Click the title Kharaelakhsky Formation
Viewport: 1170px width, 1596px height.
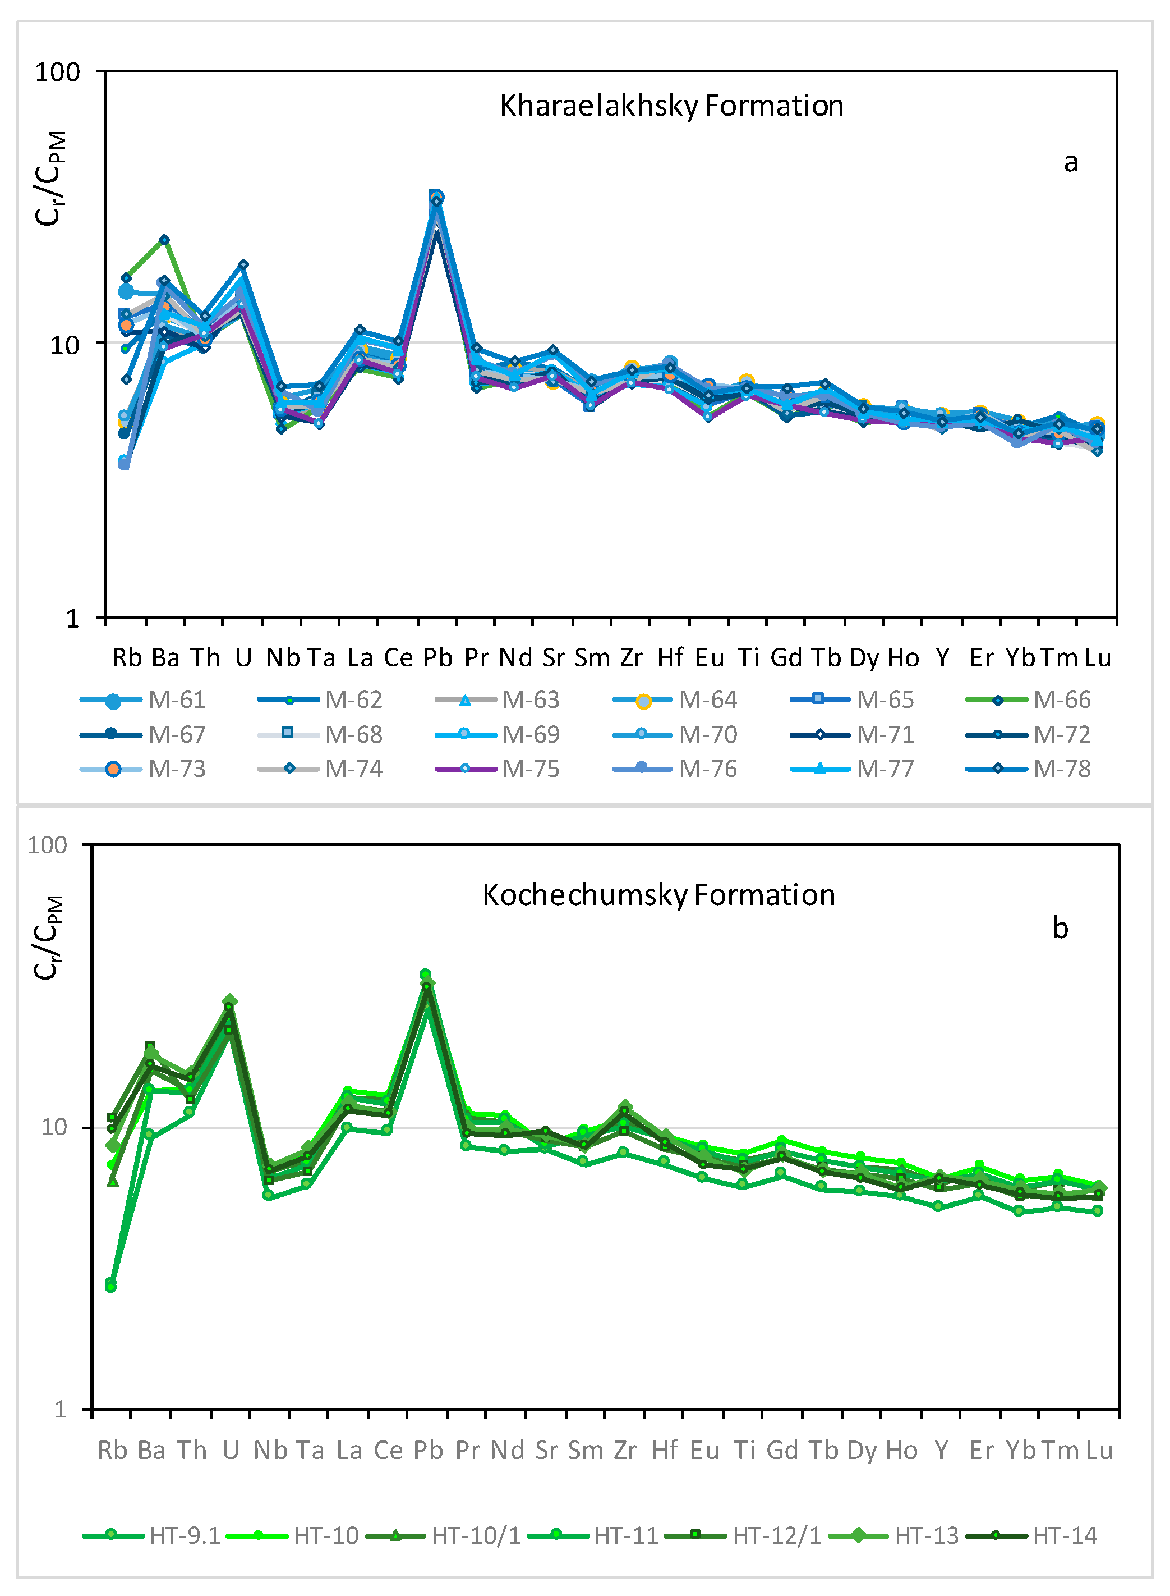(671, 106)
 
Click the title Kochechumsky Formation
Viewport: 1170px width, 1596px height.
(658, 895)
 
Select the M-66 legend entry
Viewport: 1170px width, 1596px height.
(1028, 700)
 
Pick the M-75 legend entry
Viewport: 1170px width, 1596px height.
(497, 769)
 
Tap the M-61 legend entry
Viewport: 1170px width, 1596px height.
(143, 700)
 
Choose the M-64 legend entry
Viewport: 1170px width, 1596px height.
(674, 700)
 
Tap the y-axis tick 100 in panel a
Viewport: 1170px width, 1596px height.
(58, 72)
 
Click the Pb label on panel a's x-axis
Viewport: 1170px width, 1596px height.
(437, 658)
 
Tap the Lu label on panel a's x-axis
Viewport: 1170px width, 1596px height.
(1098, 658)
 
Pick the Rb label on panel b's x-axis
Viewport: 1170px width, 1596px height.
(113, 1450)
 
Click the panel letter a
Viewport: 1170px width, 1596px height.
(1071, 162)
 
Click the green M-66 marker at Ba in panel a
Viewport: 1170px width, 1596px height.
(164, 240)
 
